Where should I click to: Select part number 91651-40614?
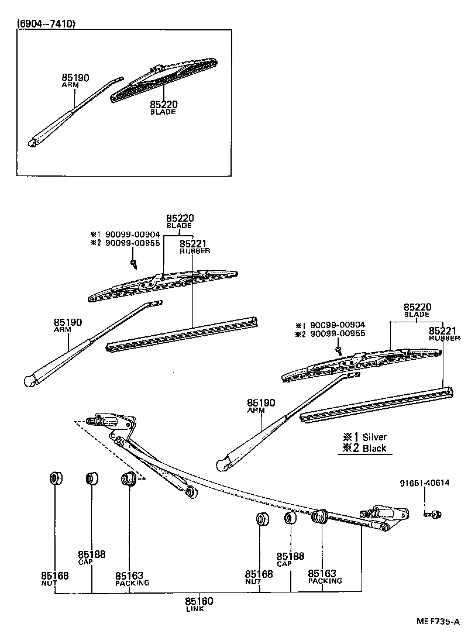[x=425, y=483]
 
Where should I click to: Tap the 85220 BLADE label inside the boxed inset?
[x=163, y=108]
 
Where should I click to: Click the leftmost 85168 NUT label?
[x=54, y=578]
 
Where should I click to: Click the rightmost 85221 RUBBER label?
[x=445, y=334]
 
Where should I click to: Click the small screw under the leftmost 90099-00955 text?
[x=134, y=264]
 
